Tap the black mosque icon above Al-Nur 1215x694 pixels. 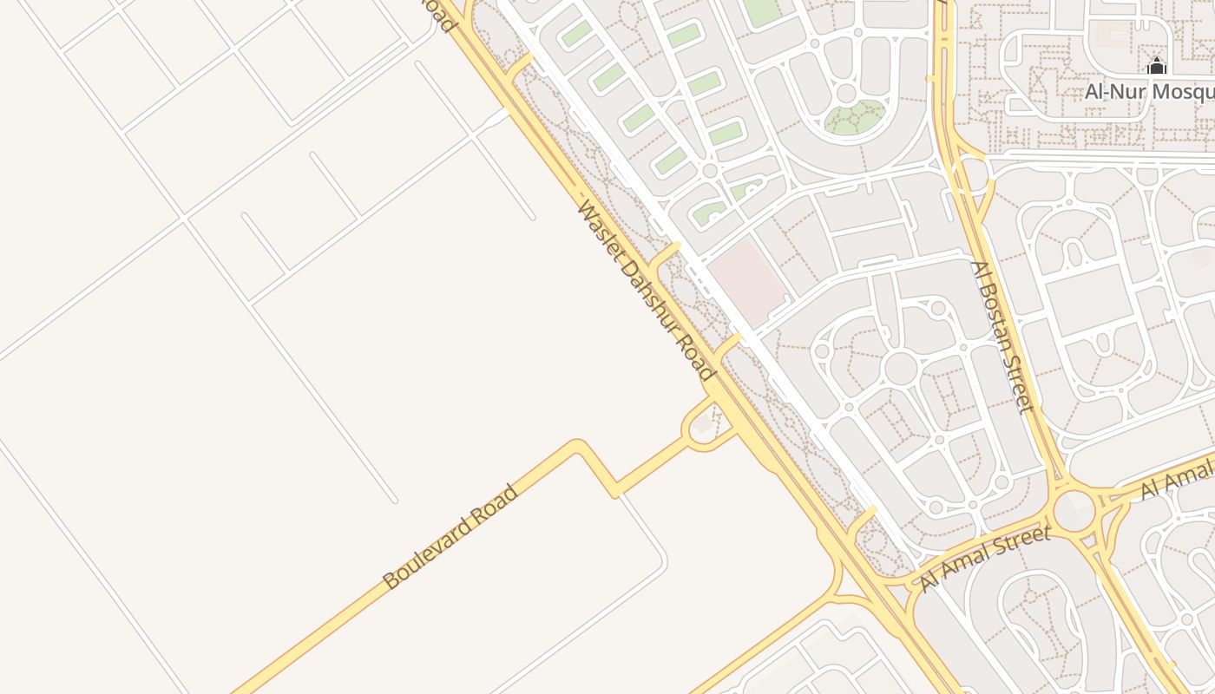[1156, 66]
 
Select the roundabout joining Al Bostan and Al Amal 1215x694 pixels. [1074, 511]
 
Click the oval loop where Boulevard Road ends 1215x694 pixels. [708, 426]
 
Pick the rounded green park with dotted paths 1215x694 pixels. [855, 117]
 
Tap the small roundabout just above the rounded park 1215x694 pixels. [846, 92]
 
